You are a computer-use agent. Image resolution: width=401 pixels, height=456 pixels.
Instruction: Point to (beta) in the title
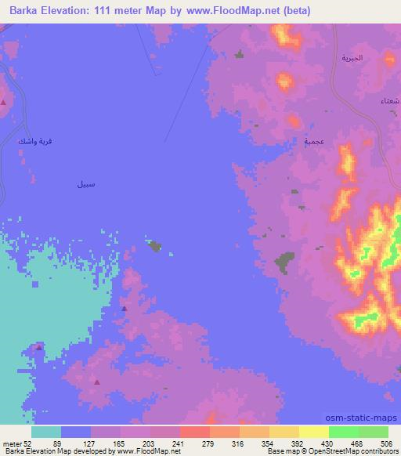pos(292,11)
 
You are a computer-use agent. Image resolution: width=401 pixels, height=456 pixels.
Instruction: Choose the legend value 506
pos(387,443)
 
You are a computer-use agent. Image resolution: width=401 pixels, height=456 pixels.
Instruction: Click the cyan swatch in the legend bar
pos(46,432)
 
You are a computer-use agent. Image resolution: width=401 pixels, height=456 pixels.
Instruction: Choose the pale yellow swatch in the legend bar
pos(313,432)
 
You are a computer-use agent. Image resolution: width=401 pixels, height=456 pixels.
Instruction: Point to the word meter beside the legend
pos(12,443)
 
